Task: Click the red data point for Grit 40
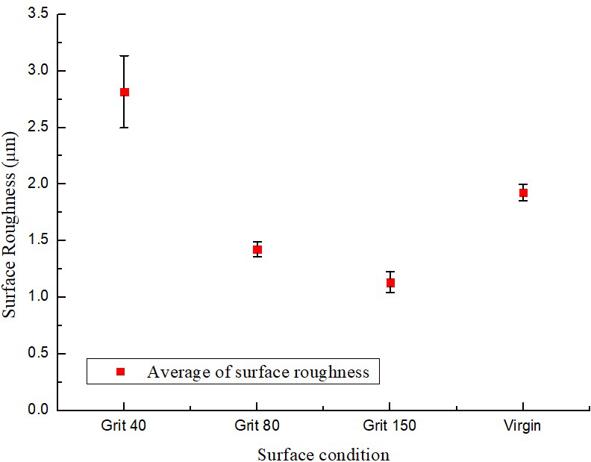pyautogui.click(x=125, y=92)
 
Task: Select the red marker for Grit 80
pyautogui.click(x=257, y=249)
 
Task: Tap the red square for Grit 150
pyautogui.click(x=390, y=282)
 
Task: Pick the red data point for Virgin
pyautogui.click(x=523, y=193)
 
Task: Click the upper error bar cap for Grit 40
pyautogui.click(x=125, y=56)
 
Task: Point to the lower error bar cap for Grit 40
pyautogui.click(x=125, y=128)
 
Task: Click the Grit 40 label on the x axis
pyautogui.click(x=124, y=426)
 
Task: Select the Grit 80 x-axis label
pyautogui.click(x=257, y=426)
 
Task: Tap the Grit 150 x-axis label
pyautogui.click(x=390, y=426)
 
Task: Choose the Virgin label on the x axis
pyautogui.click(x=523, y=426)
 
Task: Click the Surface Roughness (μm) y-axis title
pyautogui.click(x=10, y=211)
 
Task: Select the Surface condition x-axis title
pyautogui.click(x=323, y=454)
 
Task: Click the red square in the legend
pyautogui.click(x=120, y=371)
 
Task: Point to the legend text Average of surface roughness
pyautogui.click(x=258, y=372)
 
